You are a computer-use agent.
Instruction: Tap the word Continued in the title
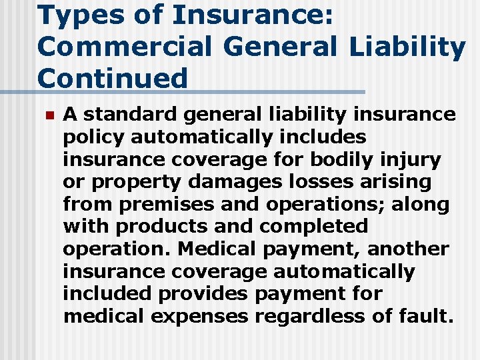113,79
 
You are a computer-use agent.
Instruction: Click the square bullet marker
47,115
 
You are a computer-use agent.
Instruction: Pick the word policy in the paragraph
94,137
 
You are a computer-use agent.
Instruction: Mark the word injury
417,159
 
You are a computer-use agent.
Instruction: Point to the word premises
159,204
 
